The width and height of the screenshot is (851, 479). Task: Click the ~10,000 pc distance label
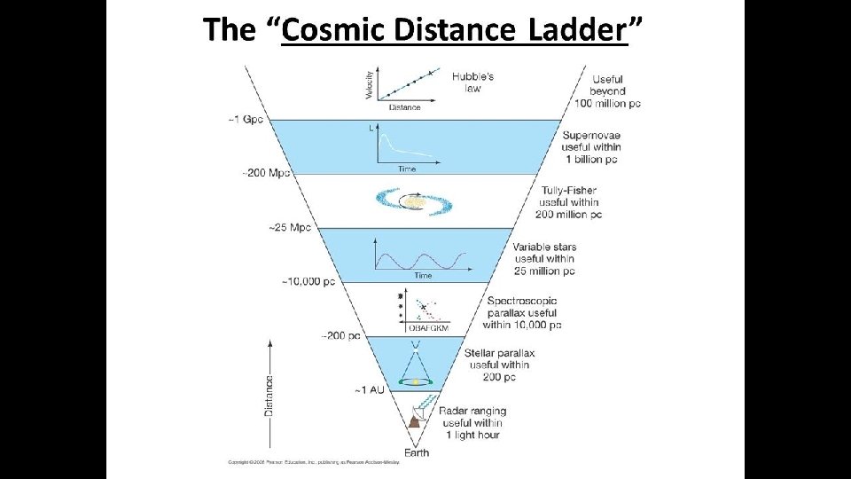(x=308, y=282)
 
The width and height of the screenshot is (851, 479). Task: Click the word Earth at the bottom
(x=417, y=453)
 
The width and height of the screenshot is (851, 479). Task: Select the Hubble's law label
(x=472, y=82)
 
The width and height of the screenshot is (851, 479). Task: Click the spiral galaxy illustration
(x=416, y=201)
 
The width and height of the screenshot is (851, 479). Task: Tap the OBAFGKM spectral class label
(x=427, y=328)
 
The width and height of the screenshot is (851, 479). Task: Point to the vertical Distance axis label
(x=269, y=395)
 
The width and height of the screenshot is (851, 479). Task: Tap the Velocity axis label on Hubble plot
(x=369, y=83)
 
